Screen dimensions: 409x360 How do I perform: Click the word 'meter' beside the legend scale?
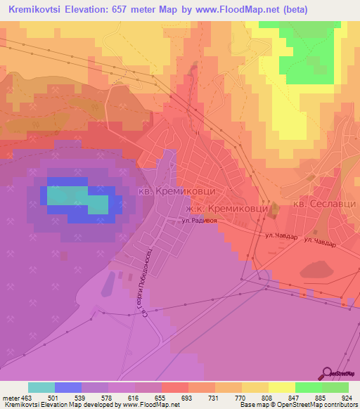(x=11, y=397)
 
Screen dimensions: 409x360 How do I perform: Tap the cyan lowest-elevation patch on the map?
(x=77, y=200)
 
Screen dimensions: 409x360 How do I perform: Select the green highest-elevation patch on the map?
(x=309, y=53)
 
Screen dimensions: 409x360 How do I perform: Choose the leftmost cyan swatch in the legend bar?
(x=41, y=387)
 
